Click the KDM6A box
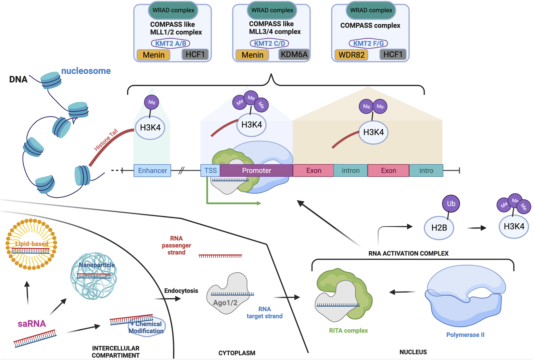click(x=294, y=55)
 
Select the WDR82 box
click(x=351, y=55)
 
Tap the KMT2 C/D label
click(x=269, y=43)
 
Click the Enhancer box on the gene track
click(x=152, y=171)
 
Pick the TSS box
click(x=210, y=171)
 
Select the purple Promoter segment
click(x=256, y=171)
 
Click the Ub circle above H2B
click(x=451, y=204)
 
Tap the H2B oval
click(x=439, y=228)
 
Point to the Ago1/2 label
click(x=225, y=303)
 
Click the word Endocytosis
click(x=181, y=291)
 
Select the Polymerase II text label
click(x=465, y=335)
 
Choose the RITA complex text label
click(x=348, y=330)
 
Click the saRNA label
click(x=32, y=324)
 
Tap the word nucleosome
click(x=86, y=71)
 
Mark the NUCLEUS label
click(x=413, y=352)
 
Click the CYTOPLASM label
click(x=236, y=353)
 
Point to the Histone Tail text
click(x=106, y=140)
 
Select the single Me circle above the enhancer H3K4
click(x=151, y=102)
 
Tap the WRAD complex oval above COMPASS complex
click(x=371, y=10)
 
